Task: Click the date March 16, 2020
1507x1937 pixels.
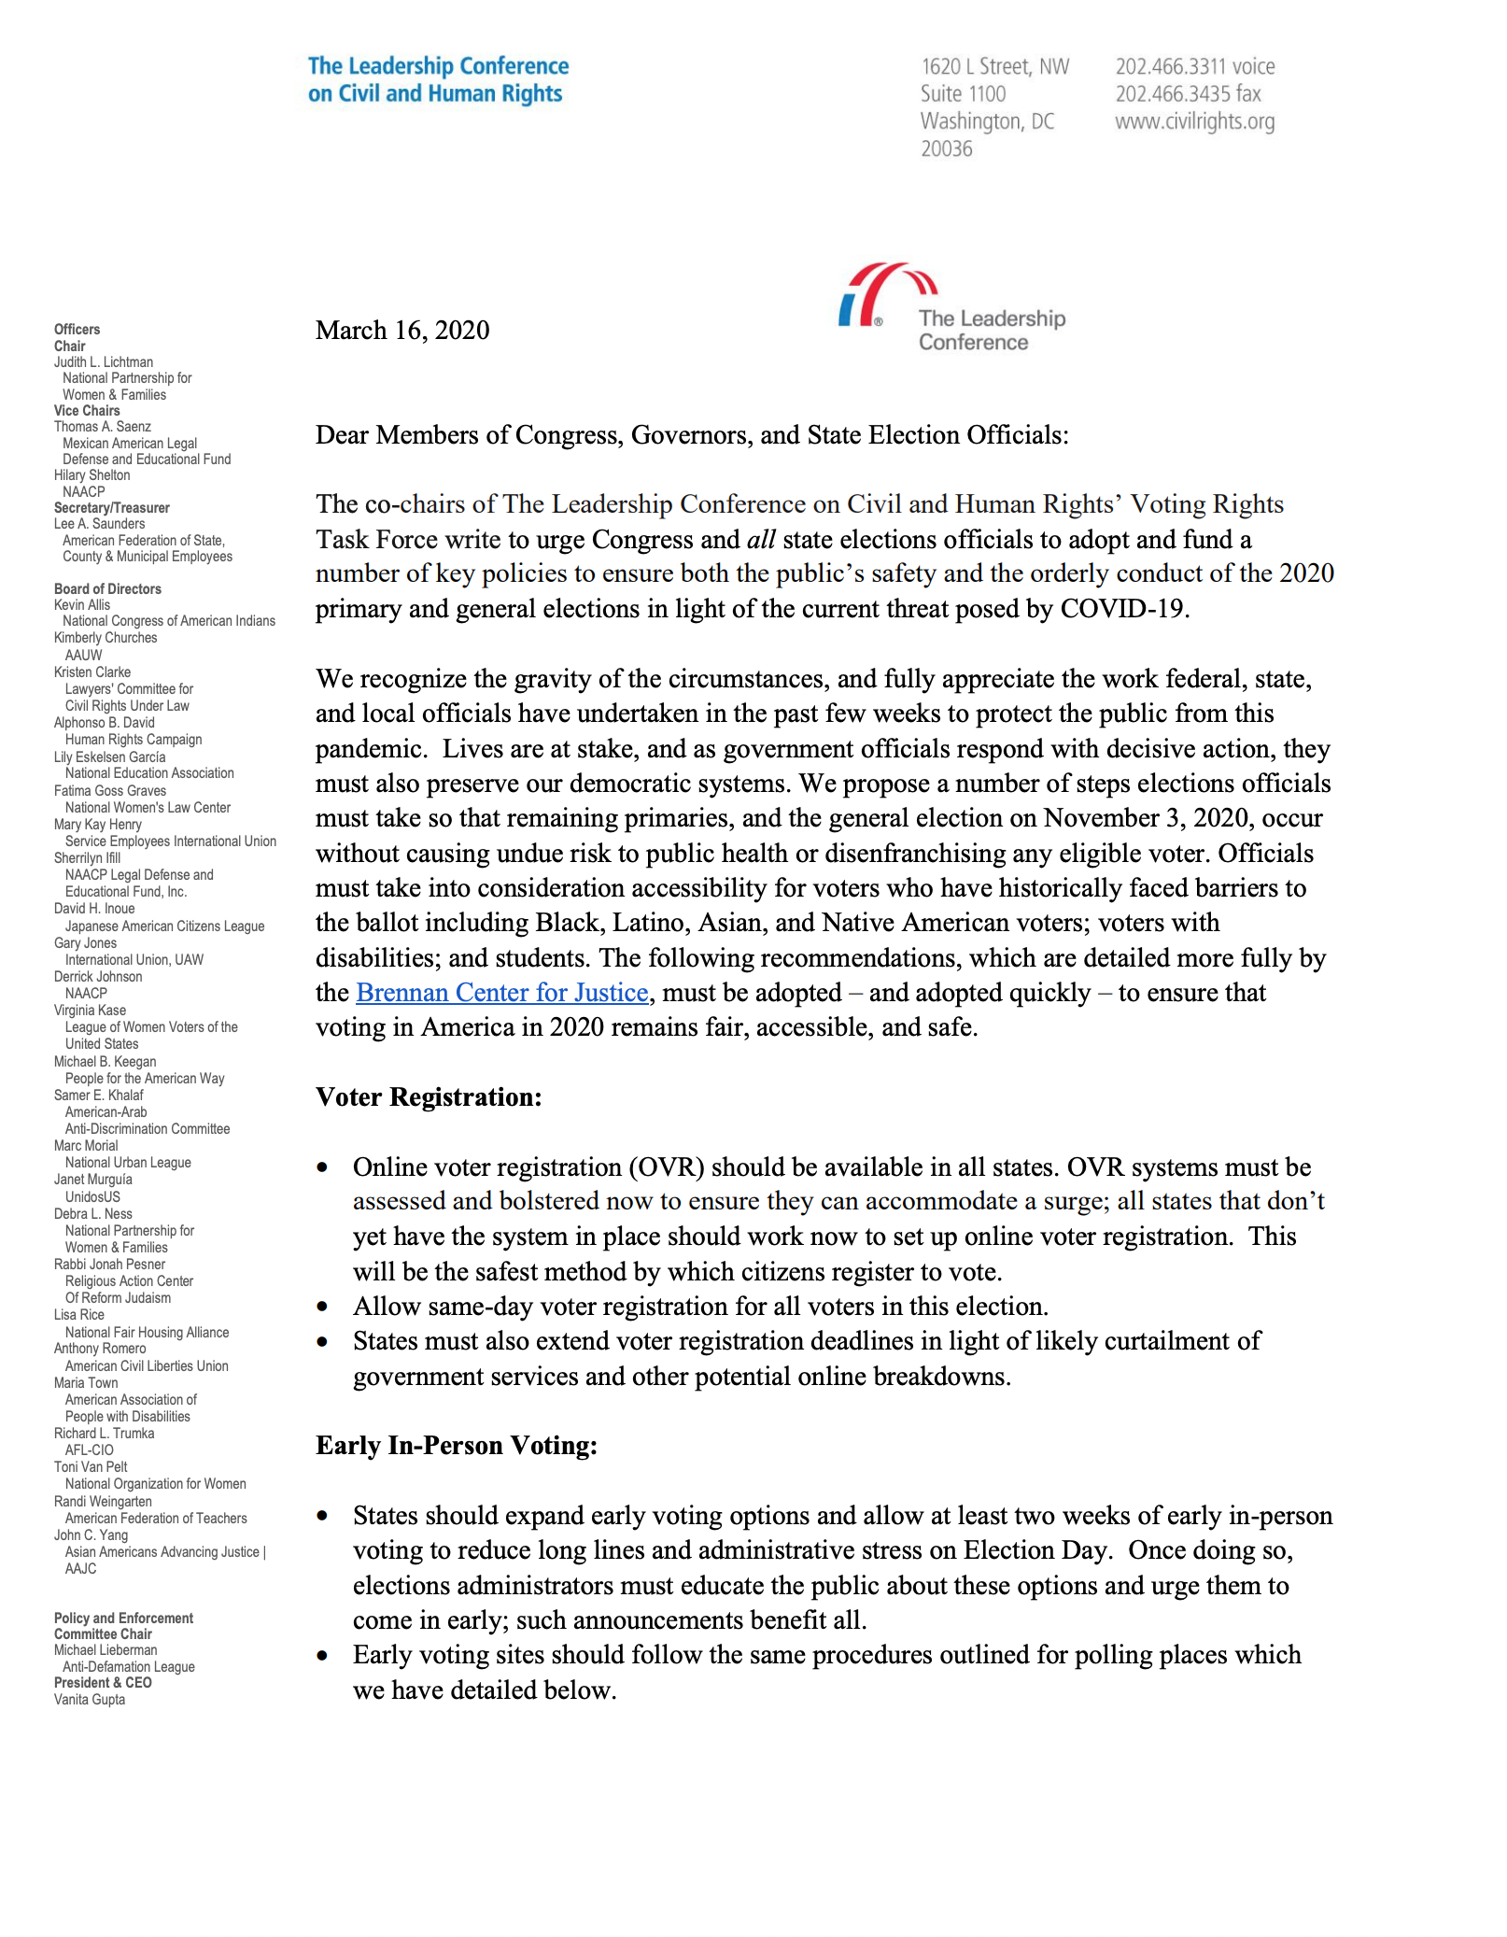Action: pyautogui.click(x=401, y=331)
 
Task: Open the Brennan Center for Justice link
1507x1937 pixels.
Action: pyautogui.click(x=501, y=992)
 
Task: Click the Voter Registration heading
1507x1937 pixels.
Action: pyautogui.click(x=429, y=1096)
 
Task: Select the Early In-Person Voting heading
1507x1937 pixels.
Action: pyautogui.click(x=456, y=1445)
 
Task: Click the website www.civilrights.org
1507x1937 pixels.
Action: pyautogui.click(x=1193, y=121)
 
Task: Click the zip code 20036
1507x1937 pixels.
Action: pyautogui.click(x=946, y=149)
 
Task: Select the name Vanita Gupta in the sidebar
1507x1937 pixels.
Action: pyautogui.click(x=90, y=1699)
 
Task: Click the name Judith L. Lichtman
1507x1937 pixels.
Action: pyautogui.click(x=103, y=362)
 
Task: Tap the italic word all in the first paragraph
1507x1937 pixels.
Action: pyautogui.click(x=761, y=540)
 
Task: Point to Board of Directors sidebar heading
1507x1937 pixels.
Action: pyautogui.click(x=107, y=589)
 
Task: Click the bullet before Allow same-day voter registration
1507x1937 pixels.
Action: pyautogui.click(x=322, y=1307)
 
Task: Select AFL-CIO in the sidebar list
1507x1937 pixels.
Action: pyautogui.click(x=89, y=1450)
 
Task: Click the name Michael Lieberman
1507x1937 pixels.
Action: pyautogui.click(x=106, y=1650)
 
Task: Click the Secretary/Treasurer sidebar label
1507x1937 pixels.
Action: pyautogui.click(x=111, y=508)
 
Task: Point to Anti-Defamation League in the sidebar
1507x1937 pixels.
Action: pyautogui.click(x=128, y=1667)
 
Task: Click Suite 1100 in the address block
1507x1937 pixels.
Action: pyautogui.click(x=963, y=94)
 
